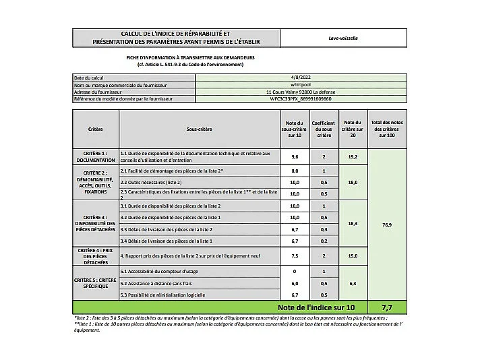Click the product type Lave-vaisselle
click(343, 38)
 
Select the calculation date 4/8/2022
click(301, 78)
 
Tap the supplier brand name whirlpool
click(301, 85)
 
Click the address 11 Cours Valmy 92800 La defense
click(301, 92)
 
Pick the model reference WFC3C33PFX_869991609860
click(301, 98)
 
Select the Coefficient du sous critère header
click(324, 128)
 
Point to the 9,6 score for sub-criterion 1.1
click(294, 156)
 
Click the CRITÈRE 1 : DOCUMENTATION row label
click(96, 156)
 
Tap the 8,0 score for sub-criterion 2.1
click(294, 171)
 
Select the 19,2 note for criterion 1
click(352, 156)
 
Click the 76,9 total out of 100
click(387, 224)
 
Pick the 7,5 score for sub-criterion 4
click(294, 256)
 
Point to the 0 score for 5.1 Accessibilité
click(294, 271)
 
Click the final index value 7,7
click(387, 307)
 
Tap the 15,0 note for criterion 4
click(352, 256)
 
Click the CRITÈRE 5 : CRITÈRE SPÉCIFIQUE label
click(96, 283)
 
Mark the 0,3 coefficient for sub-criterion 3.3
click(324, 229)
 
